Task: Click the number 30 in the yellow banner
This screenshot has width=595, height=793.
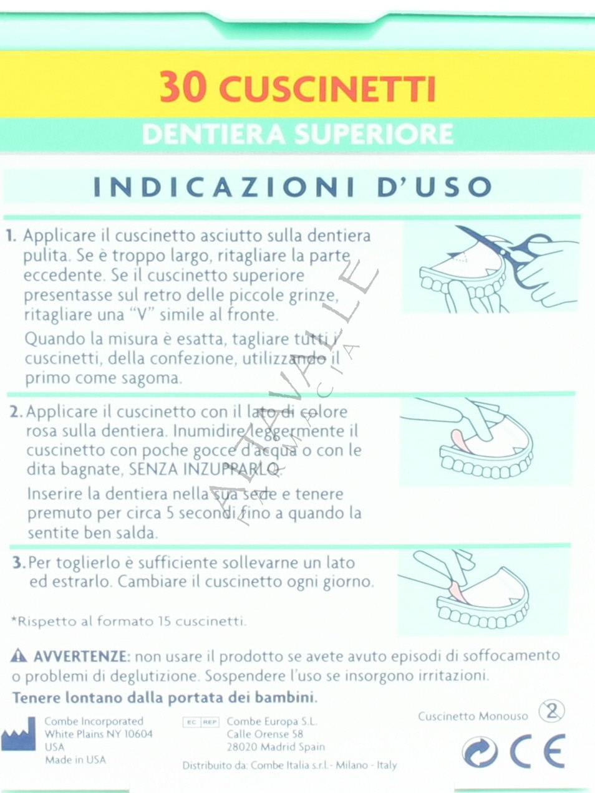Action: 183,89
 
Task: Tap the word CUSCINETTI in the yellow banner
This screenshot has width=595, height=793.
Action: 327,89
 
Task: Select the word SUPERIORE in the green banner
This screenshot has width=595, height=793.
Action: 373,133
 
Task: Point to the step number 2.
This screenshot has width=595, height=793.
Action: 16,412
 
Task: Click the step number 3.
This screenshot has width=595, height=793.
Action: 19,563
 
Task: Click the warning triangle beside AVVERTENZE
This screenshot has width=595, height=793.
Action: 19,656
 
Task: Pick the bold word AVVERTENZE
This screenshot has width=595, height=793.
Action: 81,656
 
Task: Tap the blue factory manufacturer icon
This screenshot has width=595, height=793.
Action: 18,733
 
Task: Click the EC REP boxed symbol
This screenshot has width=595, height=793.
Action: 201,722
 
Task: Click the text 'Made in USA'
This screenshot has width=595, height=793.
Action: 75,760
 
